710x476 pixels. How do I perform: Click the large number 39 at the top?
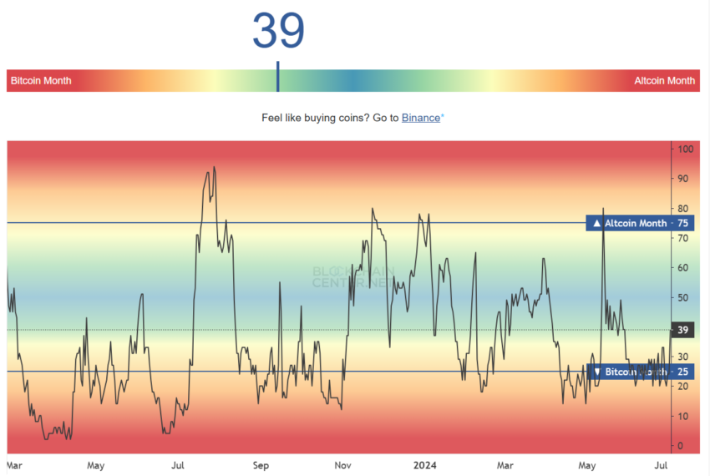[x=278, y=31]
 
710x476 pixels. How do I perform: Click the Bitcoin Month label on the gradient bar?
[x=41, y=81]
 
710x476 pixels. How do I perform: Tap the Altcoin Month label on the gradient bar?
[x=664, y=81]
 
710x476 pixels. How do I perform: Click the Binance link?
[x=421, y=118]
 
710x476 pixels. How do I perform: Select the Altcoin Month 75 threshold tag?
[x=640, y=223]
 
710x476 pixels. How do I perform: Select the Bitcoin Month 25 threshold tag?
[x=640, y=372]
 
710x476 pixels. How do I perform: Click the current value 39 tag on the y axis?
[x=682, y=330]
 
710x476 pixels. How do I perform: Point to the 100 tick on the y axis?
[x=686, y=149]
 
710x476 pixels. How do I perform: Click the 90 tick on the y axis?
[x=683, y=179]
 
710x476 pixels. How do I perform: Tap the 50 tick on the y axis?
[x=683, y=297]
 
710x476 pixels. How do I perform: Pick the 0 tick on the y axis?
[x=681, y=446]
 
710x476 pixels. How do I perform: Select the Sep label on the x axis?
[x=261, y=464]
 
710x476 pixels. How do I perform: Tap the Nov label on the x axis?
[x=342, y=464]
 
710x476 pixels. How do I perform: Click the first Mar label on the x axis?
[x=15, y=464]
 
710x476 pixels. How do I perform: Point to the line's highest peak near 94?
[x=214, y=167]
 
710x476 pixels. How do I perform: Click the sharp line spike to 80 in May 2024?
[x=603, y=209]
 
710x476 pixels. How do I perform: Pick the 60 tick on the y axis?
[x=683, y=268]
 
